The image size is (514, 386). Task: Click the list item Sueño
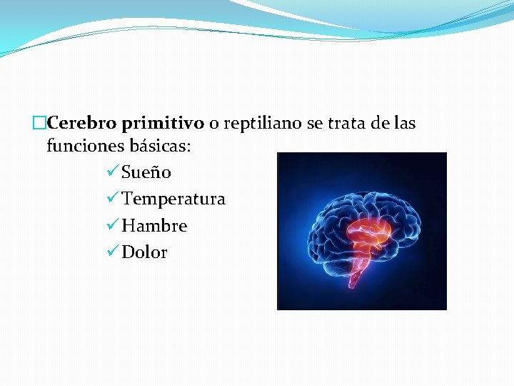click(146, 172)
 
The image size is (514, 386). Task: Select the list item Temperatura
click(173, 199)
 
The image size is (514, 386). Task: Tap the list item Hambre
click(154, 226)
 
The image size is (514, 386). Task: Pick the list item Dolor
click(144, 252)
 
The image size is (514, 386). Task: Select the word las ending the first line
click(405, 124)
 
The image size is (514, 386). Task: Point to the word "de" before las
click(381, 124)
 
